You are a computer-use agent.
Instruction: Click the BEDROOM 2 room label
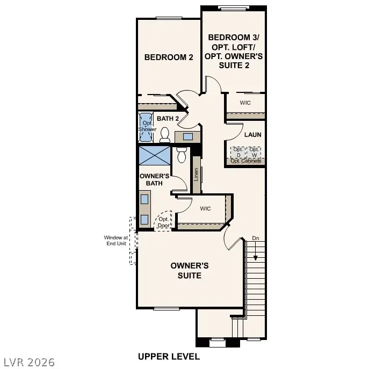[168, 57]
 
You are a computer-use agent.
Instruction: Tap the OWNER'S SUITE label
[190, 270]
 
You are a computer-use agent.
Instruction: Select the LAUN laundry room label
[252, 135]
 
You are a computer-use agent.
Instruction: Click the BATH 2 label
[168, 118]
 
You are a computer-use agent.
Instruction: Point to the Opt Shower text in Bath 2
[147, 126]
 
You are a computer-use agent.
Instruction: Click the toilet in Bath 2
[165, 134]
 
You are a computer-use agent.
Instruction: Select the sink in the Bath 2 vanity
[187, 136]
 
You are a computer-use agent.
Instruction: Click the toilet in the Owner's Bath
[182, 155]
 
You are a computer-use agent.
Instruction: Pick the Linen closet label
[197, 175]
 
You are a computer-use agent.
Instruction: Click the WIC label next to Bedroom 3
[245, 103]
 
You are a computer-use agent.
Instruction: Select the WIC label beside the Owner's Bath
[205, 208]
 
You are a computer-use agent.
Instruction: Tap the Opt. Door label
[163, 222]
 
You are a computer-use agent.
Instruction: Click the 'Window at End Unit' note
[115, 240]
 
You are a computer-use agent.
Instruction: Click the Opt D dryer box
[237, 152]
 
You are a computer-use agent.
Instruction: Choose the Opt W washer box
[255, 152]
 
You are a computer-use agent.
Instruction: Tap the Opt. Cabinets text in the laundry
[246, 161]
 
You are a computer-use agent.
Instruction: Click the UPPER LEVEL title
[169, 356]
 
